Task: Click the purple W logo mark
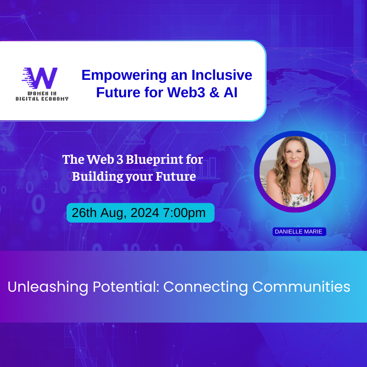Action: [x=40, y=78]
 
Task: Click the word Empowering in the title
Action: [x=124, y=76]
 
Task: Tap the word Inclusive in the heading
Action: [x=222, y=75]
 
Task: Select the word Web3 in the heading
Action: [x=186, y=92]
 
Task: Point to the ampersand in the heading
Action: [x=214, y=92]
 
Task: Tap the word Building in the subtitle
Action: [x=97, y=177]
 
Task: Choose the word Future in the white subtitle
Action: [x=176, y=176]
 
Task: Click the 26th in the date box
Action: [x=84, y=213]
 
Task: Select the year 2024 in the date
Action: [x=145, y=213]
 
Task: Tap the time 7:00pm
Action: [x=184, y=213]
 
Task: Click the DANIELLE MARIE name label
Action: [x=299, y=232]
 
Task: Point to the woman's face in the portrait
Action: [x=294, y=154]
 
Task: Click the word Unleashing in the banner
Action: [x=48, y=287]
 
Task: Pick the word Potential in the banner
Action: [x=126, y=286]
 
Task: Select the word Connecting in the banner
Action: [x=205, y=287]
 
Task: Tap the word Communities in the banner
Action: [x=301, y=286]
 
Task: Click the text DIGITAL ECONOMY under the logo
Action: [x=42, y=99]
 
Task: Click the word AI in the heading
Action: [x=231, y=92]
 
